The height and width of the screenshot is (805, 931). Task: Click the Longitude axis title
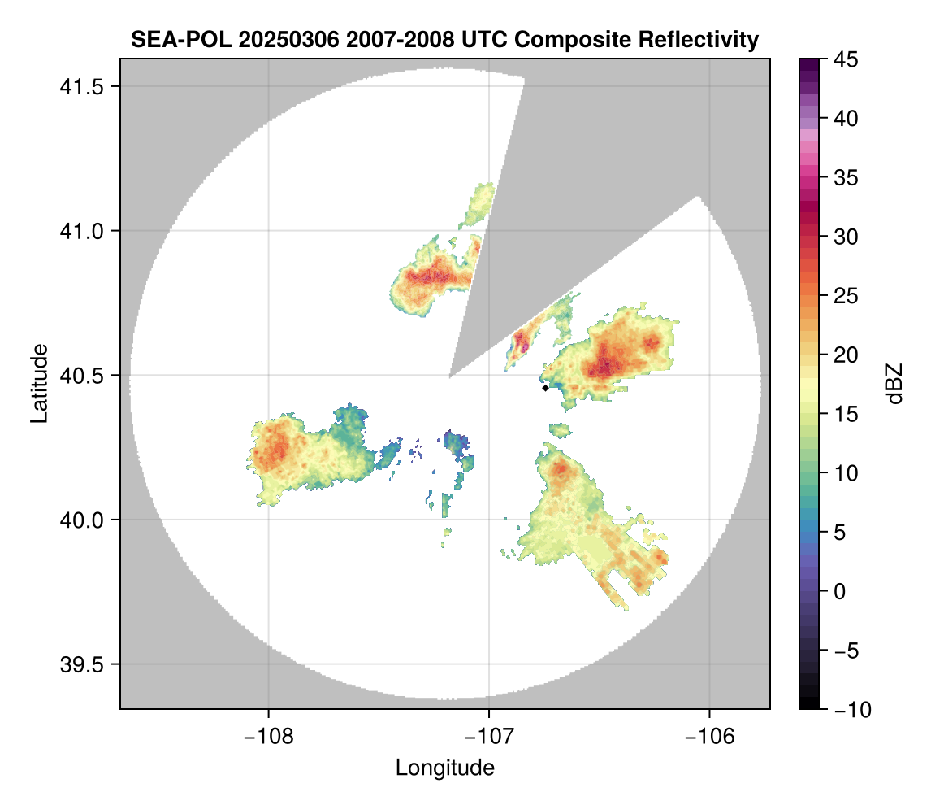[x=444, y=767]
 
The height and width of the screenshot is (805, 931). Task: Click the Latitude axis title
[x=38, y=383]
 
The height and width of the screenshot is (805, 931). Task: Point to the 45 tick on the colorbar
[x=846, y=59]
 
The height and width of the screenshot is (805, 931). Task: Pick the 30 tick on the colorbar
[x=846, y=237]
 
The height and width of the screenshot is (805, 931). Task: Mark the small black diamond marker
[x=545, y=388]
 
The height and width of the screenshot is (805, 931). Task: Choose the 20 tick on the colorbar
[x=846, y=355]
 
